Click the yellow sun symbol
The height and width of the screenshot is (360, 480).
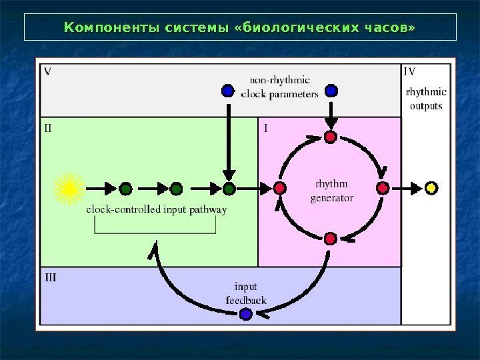tap(69, 189)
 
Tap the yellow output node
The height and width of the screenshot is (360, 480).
tap(431, 189)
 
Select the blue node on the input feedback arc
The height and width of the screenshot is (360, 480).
tap(245, 313)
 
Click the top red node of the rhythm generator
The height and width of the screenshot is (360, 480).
tap(330, 138)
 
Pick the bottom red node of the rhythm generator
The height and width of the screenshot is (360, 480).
tap(330, 238)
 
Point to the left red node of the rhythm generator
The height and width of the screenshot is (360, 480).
tap(280, 189)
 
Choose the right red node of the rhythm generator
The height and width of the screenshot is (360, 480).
tap(382, 189)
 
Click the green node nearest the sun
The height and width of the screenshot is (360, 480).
tap(125, 189)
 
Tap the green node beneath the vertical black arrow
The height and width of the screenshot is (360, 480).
tap(229, 189)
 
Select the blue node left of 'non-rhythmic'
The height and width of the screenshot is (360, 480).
tap(227, 89)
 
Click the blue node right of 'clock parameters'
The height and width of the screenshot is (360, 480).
tap(331, 89)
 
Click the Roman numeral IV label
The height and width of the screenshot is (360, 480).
tap(410, 70)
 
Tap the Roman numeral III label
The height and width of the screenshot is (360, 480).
tap(50, 276)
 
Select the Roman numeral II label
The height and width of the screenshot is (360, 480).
tap(48, 128)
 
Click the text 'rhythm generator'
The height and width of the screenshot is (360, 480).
tap(331, 191)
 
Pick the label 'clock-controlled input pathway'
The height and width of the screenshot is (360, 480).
tap(156, 209)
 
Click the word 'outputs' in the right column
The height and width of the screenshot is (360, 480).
tap(426, 105)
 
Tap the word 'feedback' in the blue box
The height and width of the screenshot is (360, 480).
tap(246, 300)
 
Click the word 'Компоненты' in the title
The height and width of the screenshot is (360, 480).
tap(102, 28)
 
